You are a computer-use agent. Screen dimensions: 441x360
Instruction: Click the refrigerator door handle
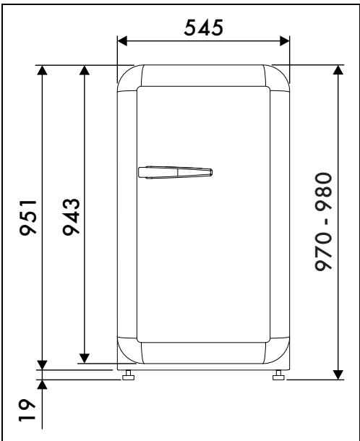pos(175,172)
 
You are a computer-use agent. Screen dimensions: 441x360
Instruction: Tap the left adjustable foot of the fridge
pos(129,374)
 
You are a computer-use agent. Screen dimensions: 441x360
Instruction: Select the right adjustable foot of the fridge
pos(278,374)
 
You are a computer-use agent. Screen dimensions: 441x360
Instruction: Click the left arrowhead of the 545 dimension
pos(121,40)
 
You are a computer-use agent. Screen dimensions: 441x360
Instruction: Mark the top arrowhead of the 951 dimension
pos(43,70)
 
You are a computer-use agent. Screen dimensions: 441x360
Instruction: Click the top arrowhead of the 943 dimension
pos(85,70)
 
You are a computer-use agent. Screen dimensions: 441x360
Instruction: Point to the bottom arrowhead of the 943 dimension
pos(85,357)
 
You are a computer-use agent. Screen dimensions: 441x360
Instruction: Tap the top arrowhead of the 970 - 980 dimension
pos(337,70)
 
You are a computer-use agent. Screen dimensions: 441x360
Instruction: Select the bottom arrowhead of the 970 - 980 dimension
pos(337,372)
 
